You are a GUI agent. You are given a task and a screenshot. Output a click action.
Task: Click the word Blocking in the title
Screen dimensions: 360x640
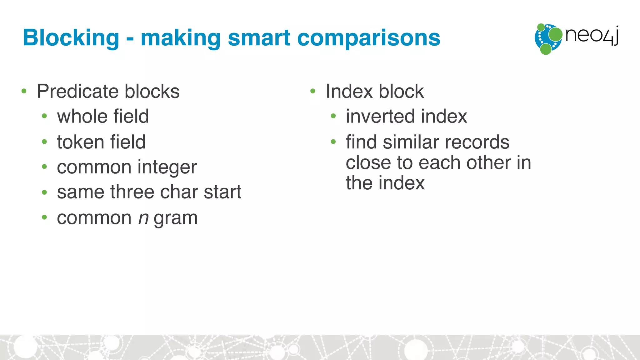coord(71,38)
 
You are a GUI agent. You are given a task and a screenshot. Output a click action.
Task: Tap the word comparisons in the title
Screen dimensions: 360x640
coord(368,38)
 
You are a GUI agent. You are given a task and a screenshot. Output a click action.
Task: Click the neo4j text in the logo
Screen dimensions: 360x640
coord(592,35)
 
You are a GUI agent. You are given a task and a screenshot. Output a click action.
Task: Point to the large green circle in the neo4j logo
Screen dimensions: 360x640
coord(555,34)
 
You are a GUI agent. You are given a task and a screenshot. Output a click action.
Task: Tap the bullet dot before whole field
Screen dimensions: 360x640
coord(44,117)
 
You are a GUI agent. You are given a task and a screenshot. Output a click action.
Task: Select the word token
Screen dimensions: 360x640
coord(81,142)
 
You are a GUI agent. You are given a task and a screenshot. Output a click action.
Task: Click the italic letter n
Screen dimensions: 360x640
coord(143,218)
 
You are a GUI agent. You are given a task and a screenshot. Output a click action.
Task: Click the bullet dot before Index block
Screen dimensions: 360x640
coord(313,91)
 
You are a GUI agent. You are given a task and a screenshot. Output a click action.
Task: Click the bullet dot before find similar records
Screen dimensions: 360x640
coord(333,142)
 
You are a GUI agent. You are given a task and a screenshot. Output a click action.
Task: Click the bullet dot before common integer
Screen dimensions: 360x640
coord(44,167)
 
